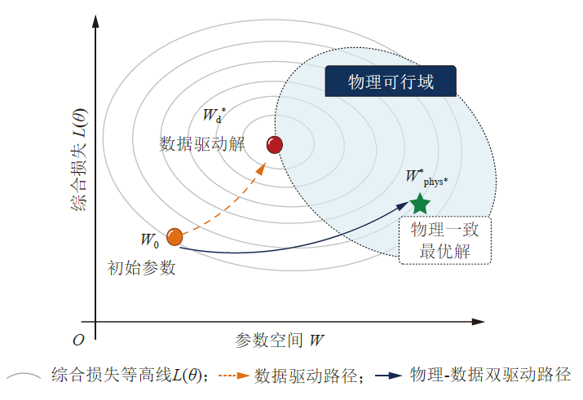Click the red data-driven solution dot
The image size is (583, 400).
(x=275, y=145)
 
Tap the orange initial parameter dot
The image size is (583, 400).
(x=174, y=237)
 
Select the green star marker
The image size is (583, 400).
(x=420, y=204)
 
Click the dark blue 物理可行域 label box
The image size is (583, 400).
(x=391, y=81)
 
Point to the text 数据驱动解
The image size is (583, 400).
(x=202, y=144)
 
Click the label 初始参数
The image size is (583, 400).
(x=141, y=268)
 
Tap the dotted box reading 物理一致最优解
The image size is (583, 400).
(x=444, y=240)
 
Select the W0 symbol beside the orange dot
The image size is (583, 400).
(x=150, y=240)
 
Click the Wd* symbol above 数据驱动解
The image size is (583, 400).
(x=214, y=115)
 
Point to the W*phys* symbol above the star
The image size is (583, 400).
(x=426, y=177)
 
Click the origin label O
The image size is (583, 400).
(x=78, y=341)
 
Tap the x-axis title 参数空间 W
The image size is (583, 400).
(x=280, y=340)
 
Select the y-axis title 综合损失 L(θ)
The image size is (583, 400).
(x=79, y=160)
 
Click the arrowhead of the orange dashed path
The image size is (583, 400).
(x=262, y=169)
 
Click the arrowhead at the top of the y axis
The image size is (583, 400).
(x=95, y=21)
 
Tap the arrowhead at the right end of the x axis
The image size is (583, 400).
(x=478, y=322)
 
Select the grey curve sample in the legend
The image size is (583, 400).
(x=24, y=376)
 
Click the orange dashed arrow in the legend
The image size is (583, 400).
(x=234, y=376)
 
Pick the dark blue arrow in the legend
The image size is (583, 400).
(x=389, y=376)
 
